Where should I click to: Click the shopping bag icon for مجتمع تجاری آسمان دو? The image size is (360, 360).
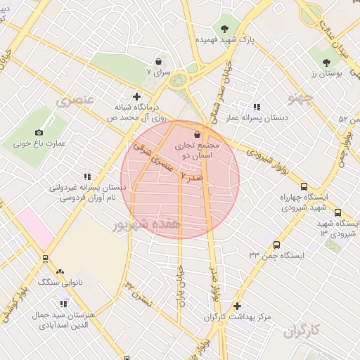(196, 134)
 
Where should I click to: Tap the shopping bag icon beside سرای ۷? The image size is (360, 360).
(158, 62)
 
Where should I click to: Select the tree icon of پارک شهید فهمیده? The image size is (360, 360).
(224, 29)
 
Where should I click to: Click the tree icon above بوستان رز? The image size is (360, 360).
(326, 63)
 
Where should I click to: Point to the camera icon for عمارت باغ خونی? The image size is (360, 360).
(39, 132)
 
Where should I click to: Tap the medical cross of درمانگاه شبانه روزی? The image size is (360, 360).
(136, 96)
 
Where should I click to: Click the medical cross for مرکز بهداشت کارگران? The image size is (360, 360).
(237, 306)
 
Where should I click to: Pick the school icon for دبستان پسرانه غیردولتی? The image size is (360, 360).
(87, 177)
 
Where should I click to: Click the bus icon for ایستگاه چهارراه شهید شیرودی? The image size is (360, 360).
(303, 186)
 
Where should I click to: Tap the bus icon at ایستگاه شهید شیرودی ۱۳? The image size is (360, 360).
(337, 212)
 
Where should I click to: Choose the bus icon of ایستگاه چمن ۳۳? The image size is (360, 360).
(276, 245)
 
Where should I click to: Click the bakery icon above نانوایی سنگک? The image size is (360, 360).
(60, 271)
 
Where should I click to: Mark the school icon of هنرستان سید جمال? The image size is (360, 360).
(64, 304)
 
